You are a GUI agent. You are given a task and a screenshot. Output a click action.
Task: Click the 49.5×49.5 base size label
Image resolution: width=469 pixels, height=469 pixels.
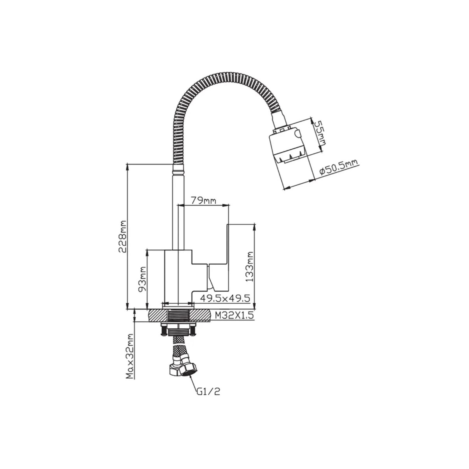pos(225,298)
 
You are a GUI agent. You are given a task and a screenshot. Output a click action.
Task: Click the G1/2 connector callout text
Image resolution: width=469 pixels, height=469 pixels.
pos(208,398)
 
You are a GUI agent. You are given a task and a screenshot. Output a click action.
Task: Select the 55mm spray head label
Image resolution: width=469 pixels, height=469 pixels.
pos(319,136)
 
